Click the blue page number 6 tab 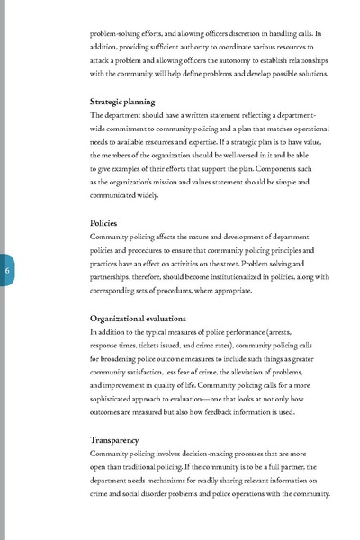click(x=6, y=272)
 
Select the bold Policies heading click(x=103, y=222)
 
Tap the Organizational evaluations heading click(x=139, y=318)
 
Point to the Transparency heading click(x=114, y=439)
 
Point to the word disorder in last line click(x=153, y=494)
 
